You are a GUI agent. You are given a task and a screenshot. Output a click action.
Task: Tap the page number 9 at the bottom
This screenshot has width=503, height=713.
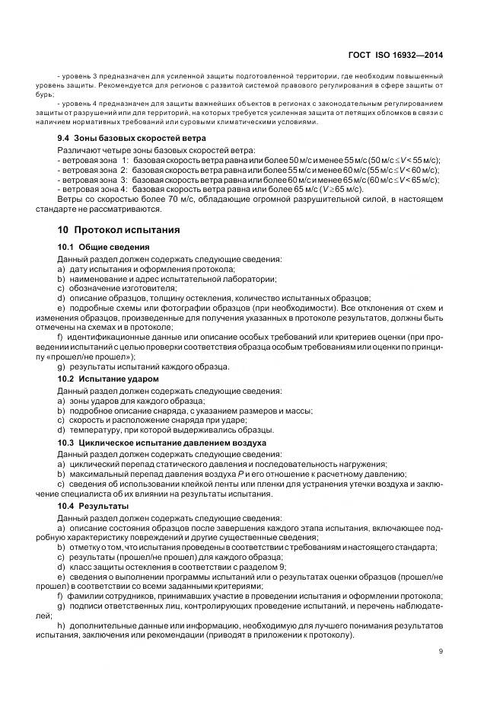coord(441,650)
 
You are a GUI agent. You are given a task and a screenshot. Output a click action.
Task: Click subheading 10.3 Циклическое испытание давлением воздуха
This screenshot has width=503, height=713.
coord(162,442)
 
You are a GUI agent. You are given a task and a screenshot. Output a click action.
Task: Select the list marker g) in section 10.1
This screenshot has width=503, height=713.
coord(61,366)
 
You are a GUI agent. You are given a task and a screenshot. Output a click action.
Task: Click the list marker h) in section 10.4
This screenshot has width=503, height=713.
coord(61,625)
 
